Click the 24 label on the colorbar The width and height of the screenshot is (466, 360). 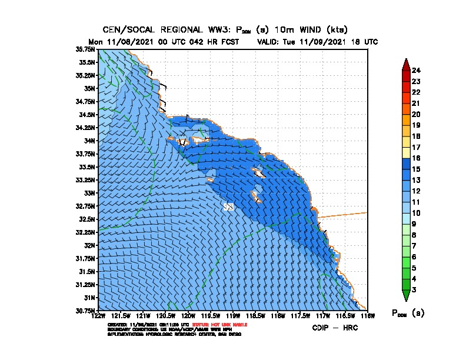(416, 71)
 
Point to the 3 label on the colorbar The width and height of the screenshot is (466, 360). (414, 289)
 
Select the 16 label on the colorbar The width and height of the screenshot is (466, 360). (416, 158)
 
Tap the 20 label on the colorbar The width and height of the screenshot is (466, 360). (416, 114)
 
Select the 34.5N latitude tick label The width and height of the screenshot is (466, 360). (88, 115)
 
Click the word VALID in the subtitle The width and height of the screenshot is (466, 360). (271, 42)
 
